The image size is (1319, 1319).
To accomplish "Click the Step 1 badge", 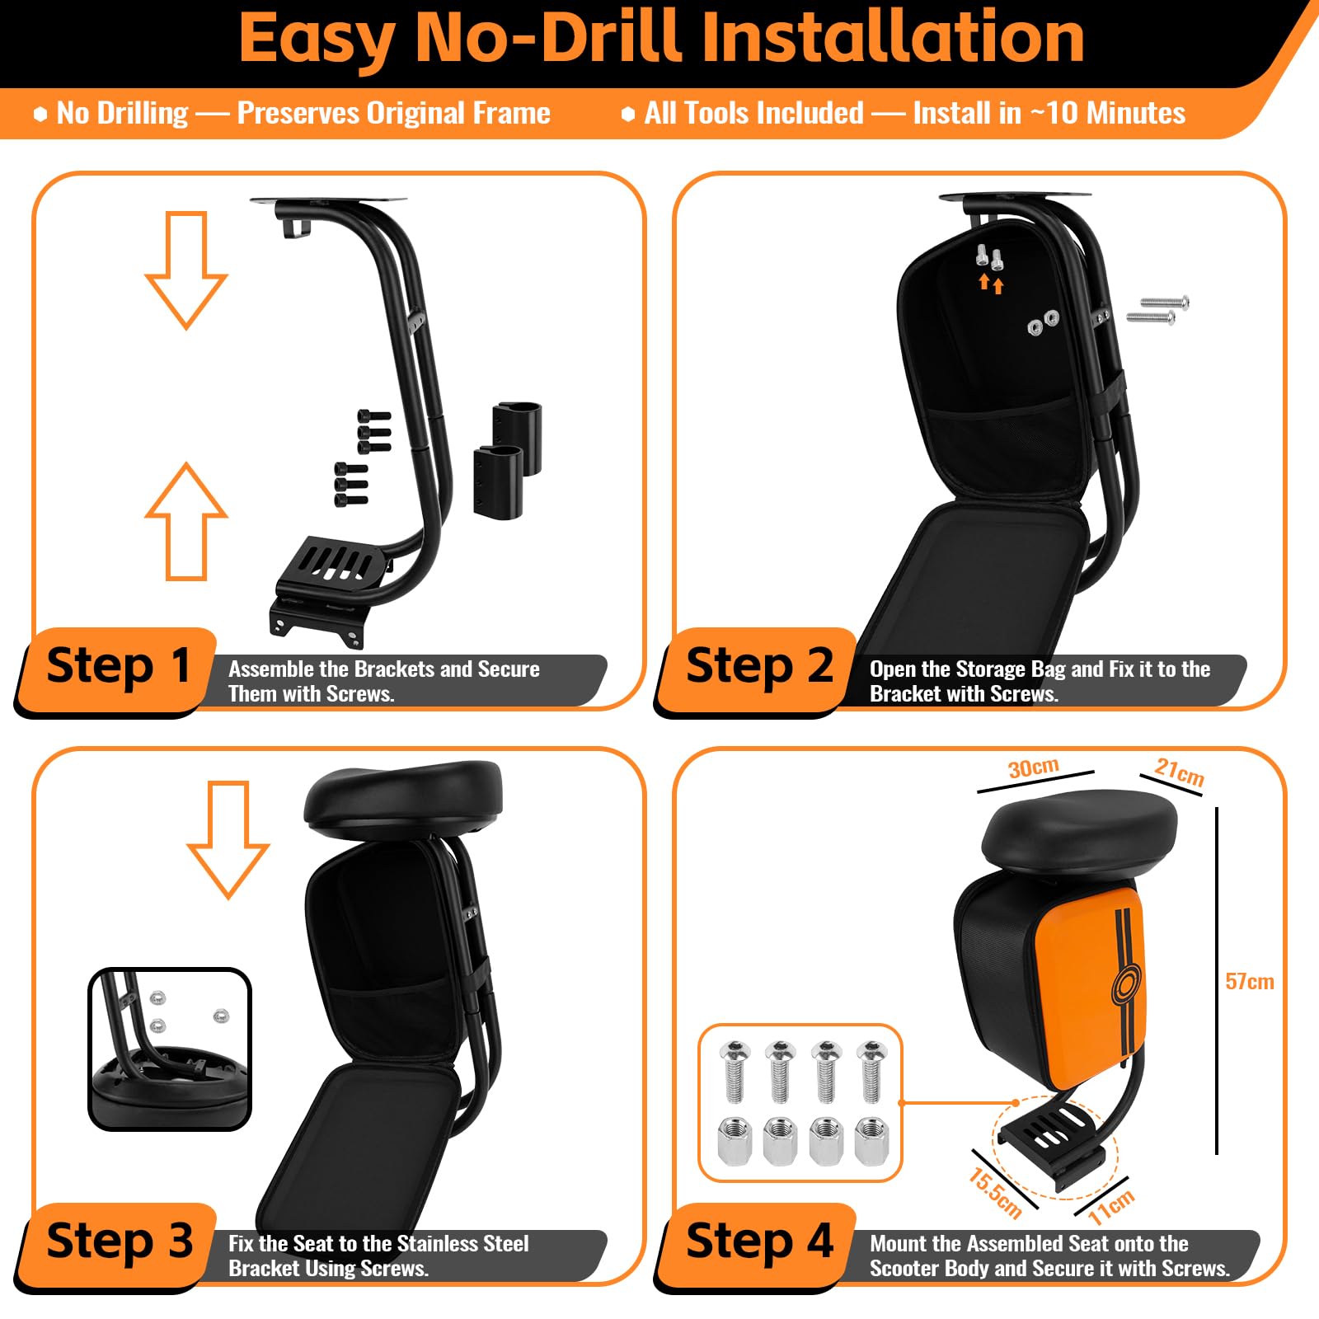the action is coord(117,669).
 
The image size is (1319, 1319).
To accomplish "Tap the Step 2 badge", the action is coord(757,669).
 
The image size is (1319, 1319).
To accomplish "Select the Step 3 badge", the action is coord(117,1244).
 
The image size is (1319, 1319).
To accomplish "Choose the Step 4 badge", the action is coord(757,1244).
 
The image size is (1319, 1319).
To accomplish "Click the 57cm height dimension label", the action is coord(1249,981).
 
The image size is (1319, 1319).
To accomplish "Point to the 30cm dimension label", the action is coord(1033,767).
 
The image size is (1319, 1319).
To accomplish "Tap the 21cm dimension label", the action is coord(1179,772).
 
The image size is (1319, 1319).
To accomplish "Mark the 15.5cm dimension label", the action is coord(995,1193).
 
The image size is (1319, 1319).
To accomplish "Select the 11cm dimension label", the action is coord(1110,1206).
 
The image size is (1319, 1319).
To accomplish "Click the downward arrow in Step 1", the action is coord(186,270).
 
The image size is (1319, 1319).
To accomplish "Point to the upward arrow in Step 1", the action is coord(186,521).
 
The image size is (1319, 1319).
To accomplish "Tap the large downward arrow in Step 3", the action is coord(228,839).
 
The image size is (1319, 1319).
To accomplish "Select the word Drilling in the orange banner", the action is coord(143,113).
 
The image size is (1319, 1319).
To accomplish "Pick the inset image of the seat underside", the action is coord(170,1049).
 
